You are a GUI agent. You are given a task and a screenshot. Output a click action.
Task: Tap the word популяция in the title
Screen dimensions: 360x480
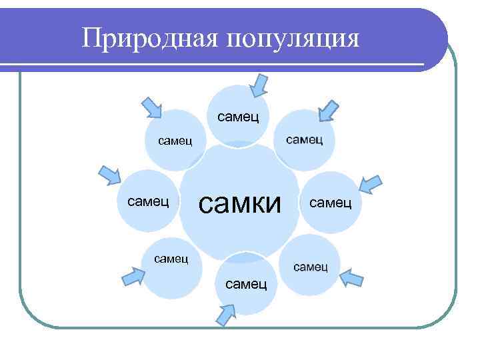(293, 39)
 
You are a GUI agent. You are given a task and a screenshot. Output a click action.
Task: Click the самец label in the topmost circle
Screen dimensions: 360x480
(238, 117)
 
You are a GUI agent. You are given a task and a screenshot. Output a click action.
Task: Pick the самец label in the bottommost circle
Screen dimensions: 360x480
(247, 284)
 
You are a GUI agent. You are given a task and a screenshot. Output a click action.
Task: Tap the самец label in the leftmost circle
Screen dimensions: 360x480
(147, 199)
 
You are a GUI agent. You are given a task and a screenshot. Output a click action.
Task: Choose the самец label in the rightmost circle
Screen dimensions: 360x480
(329, 201)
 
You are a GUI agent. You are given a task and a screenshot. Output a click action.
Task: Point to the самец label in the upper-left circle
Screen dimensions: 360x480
(175, 141)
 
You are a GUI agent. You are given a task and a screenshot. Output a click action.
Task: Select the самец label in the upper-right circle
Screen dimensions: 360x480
(304, 139)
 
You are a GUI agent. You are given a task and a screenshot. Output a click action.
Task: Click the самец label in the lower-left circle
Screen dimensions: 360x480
(171, 257)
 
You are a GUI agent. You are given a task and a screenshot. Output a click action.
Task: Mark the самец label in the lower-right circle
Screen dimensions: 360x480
(310, 267)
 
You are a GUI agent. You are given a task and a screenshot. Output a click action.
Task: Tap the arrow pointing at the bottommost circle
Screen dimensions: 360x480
(228, 312)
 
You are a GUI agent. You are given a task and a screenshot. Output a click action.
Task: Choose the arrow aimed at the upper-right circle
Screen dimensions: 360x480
(328, 110)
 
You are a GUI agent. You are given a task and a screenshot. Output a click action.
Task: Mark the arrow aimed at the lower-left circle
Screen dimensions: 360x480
(133, 275)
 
